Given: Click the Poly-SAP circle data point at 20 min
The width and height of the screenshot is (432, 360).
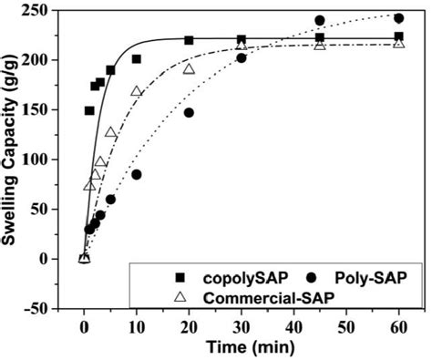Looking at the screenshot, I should [x=189, y=113].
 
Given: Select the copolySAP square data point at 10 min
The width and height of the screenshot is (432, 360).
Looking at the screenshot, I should [x=137, y=59].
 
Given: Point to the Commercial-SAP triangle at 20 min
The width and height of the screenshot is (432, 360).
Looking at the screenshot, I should [x=189, y=69].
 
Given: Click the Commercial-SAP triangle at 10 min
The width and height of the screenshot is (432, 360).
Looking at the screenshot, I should [x=137, y=91].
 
